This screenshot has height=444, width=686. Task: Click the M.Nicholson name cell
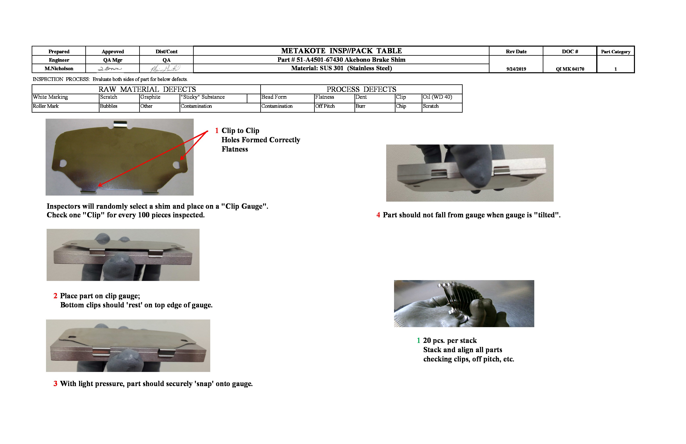59,69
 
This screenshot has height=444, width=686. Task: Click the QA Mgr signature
110,69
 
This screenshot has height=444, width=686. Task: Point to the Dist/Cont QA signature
165,69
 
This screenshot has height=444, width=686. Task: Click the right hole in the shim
176,165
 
